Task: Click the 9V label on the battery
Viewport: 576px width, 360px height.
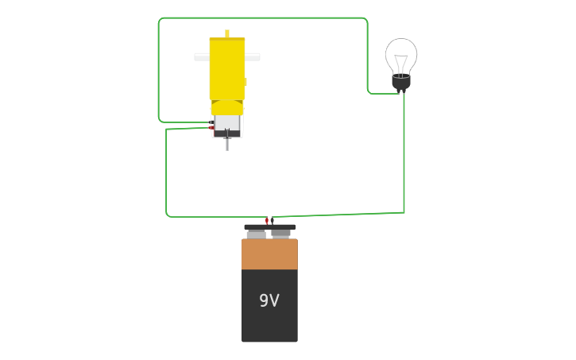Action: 269,300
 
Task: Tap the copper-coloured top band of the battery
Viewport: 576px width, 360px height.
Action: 269,254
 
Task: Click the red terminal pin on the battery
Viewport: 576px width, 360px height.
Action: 267,220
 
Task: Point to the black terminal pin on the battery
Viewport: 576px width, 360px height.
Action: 273,220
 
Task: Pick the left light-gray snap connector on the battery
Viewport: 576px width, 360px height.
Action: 256,234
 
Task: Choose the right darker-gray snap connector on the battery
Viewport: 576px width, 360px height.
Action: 280,233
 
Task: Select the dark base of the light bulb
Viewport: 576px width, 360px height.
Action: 401,82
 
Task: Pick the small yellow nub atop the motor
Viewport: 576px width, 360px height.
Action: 227,33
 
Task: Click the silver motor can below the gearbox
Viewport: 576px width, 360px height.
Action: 227,123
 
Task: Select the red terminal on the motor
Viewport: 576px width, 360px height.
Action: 211,127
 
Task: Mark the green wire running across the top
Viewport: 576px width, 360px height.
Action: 262,17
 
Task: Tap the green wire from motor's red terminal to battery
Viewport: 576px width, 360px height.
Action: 166,175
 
